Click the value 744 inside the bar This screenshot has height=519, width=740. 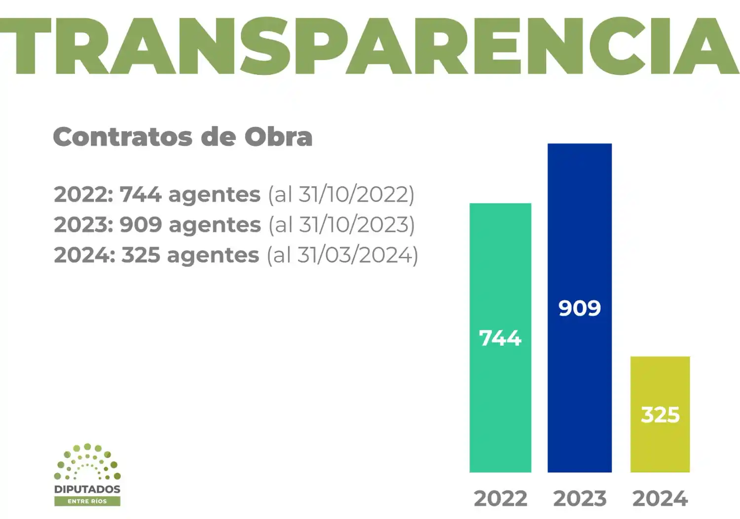click(500, 338)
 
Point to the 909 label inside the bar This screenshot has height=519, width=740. click(579, 309)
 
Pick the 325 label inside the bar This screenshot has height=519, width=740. click(660, 415)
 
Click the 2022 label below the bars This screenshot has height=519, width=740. click(500, 499)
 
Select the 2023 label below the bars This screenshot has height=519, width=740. click(580, 499)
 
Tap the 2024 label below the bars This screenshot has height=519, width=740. click(660, 499)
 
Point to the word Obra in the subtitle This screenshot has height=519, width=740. click(279, 137)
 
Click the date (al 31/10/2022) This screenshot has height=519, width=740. click(341, 195)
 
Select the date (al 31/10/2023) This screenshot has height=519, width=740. click(342, 225)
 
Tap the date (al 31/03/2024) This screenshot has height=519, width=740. click(342, 255)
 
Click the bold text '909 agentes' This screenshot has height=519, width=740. click(190, 225)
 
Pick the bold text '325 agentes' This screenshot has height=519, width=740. click(190, 255)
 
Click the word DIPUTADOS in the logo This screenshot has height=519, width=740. click(87, 489)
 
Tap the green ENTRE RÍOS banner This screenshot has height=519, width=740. click(87, 501)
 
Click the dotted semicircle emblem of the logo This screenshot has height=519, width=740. click(87, 462)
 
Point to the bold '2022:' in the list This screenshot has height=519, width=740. click(83, 195)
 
